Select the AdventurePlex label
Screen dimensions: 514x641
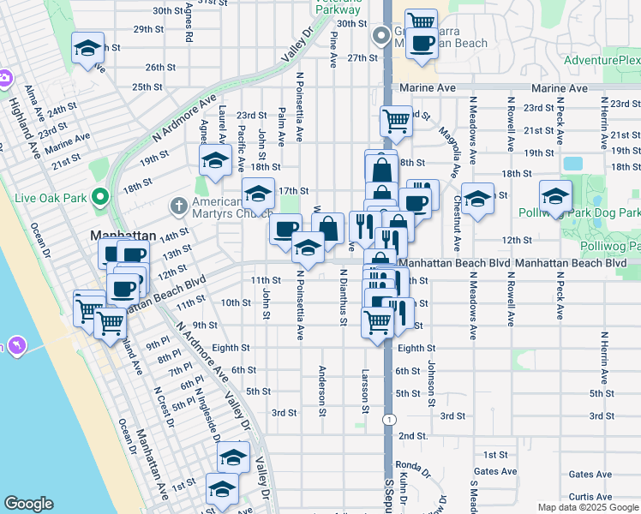[602, 61]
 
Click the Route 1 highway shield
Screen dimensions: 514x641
[389, 419]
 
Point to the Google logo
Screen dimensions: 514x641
[28, 504]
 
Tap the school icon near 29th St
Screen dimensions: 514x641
[87, 48]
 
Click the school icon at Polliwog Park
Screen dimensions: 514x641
[555, 197]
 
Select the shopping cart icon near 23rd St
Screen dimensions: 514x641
[396, 121]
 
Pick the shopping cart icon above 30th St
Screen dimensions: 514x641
[420, 21]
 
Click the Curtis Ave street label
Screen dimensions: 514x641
[590, 496]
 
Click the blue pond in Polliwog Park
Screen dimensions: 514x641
[572, 163]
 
